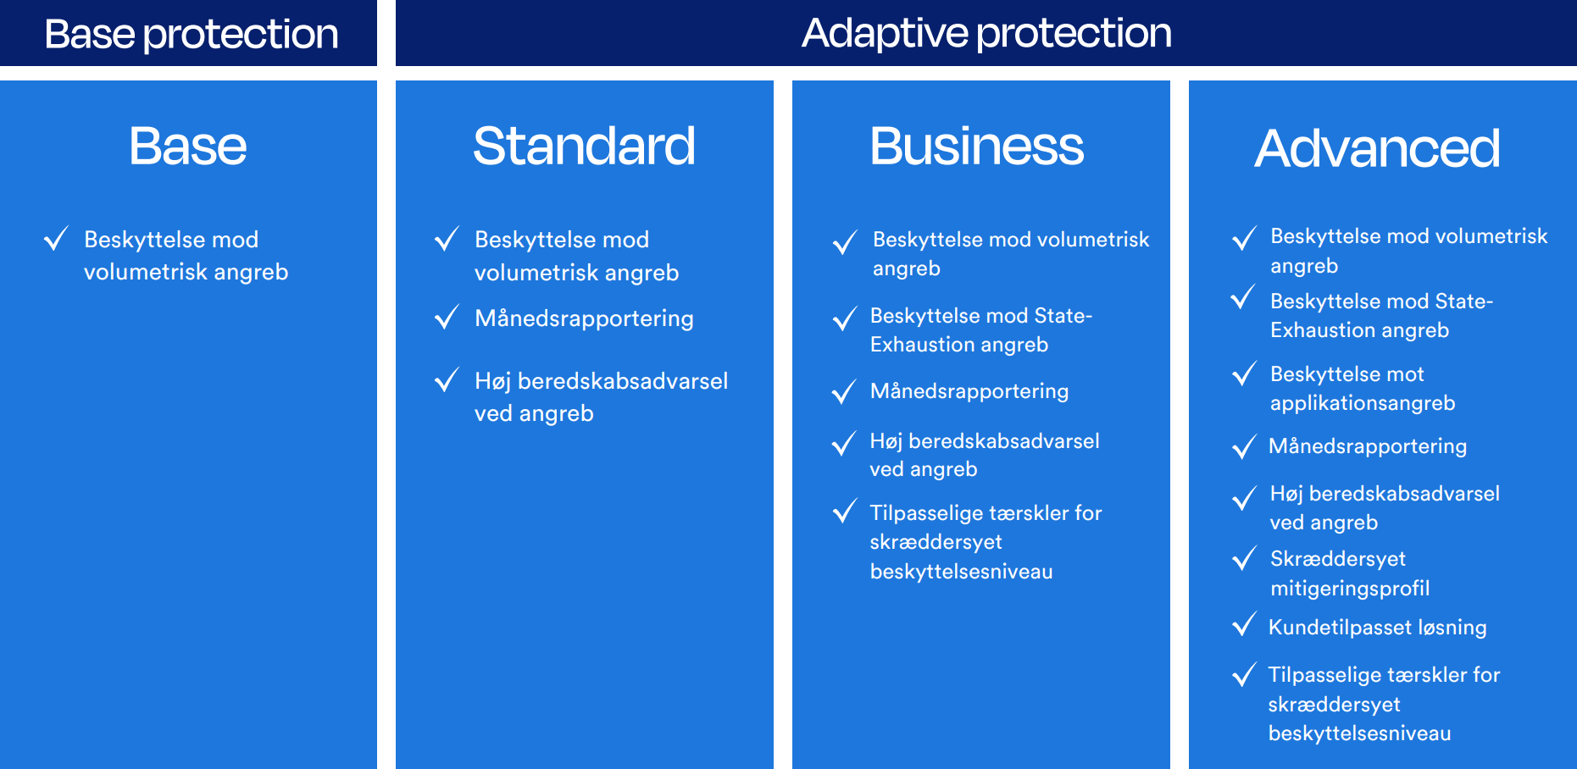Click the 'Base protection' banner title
(192, 35)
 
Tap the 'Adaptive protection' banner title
(987, 34)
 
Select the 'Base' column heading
(188, 146)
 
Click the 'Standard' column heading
(585, 146)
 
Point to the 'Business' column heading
(977, 146)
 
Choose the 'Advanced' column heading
(1378, 148)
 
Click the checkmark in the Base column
(56, 239)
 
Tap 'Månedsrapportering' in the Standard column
(585, 318)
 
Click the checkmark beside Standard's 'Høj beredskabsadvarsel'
(447, 380)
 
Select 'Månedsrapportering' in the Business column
(969, 391)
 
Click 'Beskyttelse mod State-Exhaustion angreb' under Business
(981, 330)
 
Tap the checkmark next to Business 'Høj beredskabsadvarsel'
(844, 444)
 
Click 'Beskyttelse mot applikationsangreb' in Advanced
(1363, 389)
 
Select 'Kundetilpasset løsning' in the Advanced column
(1378, 628)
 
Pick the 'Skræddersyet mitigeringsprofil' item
(1350, 573)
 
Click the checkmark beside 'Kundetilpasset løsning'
(1244, 625)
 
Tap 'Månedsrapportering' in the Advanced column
(1368, 446)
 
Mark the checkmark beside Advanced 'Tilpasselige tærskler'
(1244, 675)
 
